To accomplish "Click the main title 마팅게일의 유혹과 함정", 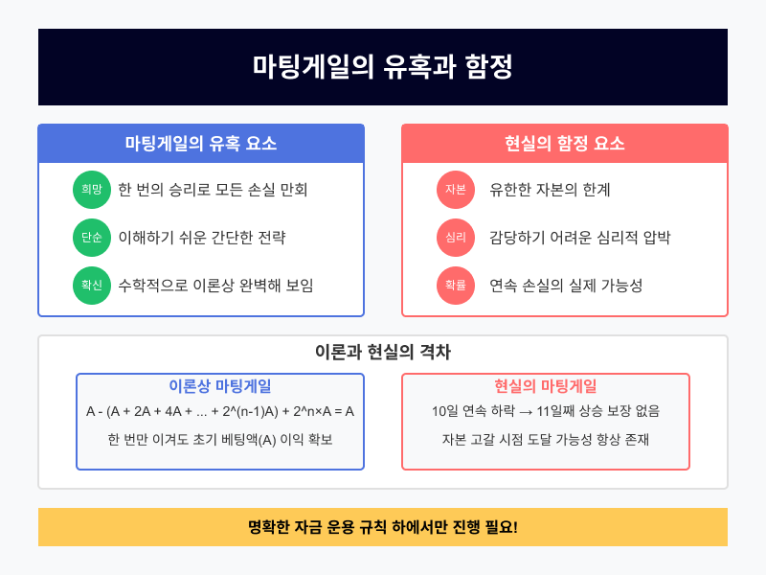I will click(383, 67).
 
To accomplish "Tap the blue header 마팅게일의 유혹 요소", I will click(201, 144).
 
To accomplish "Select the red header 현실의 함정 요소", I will click(565, 144).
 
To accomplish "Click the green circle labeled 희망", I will click(92, 189).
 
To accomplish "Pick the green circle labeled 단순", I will click(92, 237).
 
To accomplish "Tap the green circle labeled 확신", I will click(92, 285).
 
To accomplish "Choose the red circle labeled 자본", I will click(456, 189).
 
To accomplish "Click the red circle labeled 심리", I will click(456, 237).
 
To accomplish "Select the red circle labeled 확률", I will click(456, 285).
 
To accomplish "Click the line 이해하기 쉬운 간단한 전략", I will click(201, 237).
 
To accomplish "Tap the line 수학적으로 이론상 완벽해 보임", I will click(215, 285).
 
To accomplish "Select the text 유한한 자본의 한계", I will click(550, 189).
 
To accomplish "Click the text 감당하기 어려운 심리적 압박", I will click(579, 237).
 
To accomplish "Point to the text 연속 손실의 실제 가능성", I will click(566, 285).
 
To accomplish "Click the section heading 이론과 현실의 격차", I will click(383, 352).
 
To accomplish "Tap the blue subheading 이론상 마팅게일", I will click(220, 386).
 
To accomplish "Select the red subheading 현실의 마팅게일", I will click(546, 386).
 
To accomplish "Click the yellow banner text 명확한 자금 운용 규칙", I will click(316, 527).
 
